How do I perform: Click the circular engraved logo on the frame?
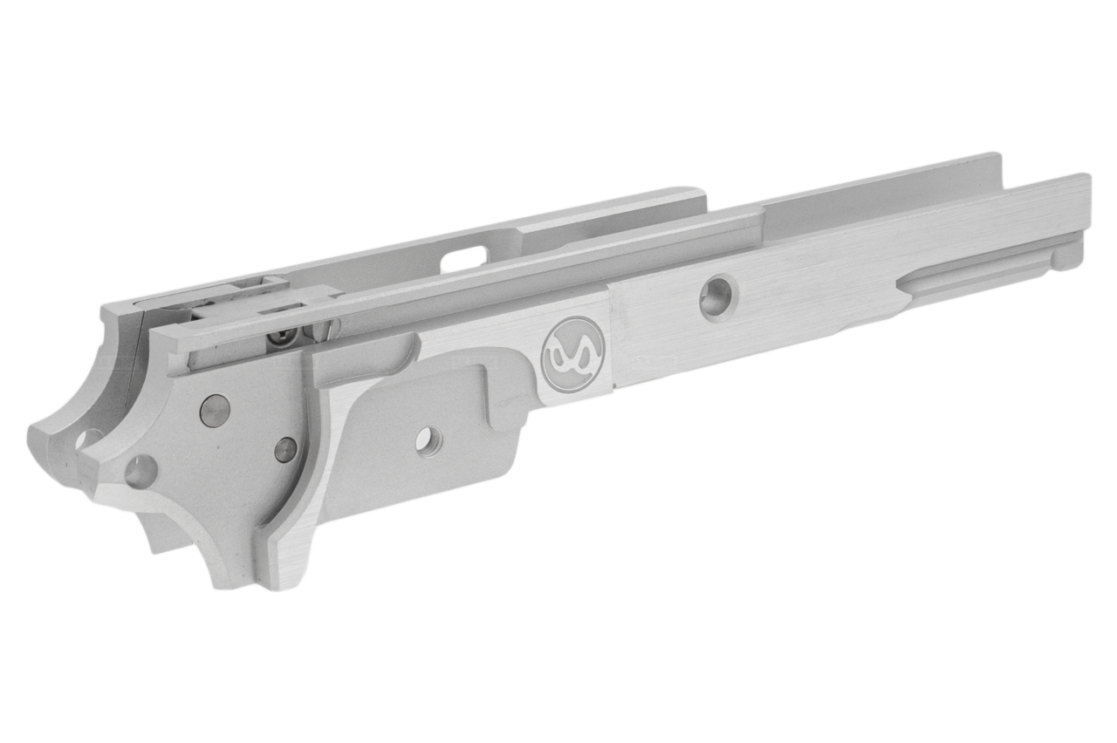(x=572, y=354)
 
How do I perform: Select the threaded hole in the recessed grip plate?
(x=428, y=441)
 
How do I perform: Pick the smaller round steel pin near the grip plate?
(x=285, y=449)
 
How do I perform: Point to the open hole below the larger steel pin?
(x=141, y=472)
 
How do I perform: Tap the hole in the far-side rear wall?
(x=88, y=439)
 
